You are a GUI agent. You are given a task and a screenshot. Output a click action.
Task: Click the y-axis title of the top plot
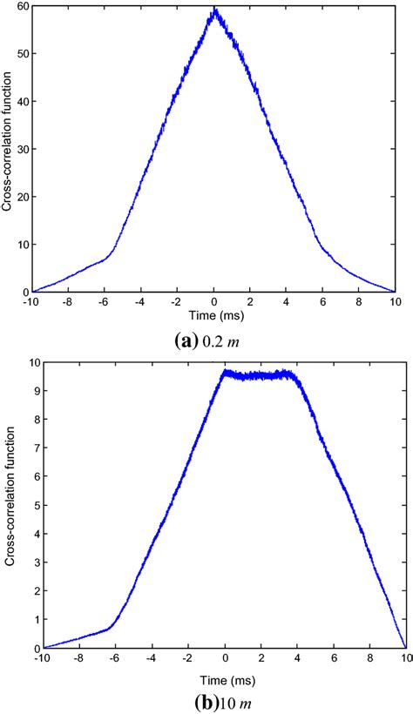tap(8, 150)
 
